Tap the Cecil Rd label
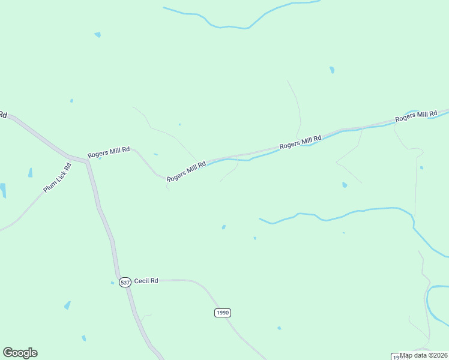[x=146, y=280]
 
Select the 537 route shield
[x=125, y=282]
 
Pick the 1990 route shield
[x=222, y=313]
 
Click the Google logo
[x=20, y=353]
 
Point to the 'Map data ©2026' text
[x=423, y=355]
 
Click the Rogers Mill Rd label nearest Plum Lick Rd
[x=109, y=153]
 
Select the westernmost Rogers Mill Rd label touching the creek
[x=186, y=171]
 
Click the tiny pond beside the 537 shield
[x=112, y=283]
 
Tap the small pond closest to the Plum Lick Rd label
[x=30, y=173]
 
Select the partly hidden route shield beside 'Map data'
[x=396, y=356]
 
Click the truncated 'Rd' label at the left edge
[x=2, y=114]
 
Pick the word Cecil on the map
[x=141, y=280]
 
